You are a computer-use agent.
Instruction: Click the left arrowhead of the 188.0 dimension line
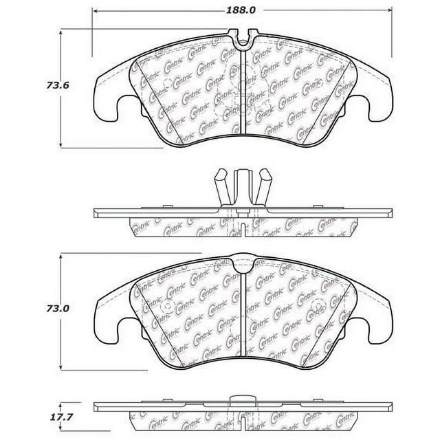coord(95,12)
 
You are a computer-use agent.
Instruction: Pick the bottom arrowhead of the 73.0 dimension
coord(63,366)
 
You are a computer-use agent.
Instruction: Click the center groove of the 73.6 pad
coord(245,96)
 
